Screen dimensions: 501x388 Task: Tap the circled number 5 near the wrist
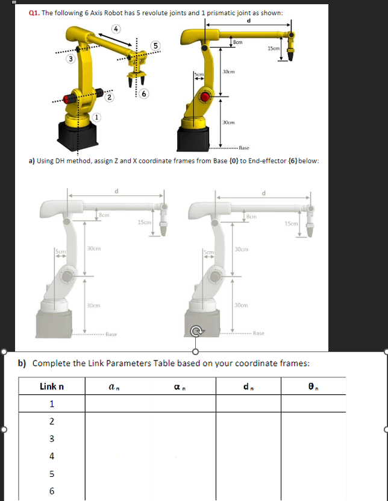tap(156, 45)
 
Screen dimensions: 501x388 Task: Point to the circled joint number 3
tap(71, 58)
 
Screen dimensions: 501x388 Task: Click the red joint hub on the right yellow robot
tap(206, 97)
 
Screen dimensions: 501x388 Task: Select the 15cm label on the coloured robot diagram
tap(274, 48)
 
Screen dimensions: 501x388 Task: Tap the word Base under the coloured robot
tap(244, 147)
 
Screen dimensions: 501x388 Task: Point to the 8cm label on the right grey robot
tap(251, 216)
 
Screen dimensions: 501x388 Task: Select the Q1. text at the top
tap(35, 13)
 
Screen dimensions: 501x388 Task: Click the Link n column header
tap(52, 386)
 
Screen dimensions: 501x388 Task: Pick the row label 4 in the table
tap(52, 455)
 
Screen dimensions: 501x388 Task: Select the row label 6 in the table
tap(52, 490)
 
